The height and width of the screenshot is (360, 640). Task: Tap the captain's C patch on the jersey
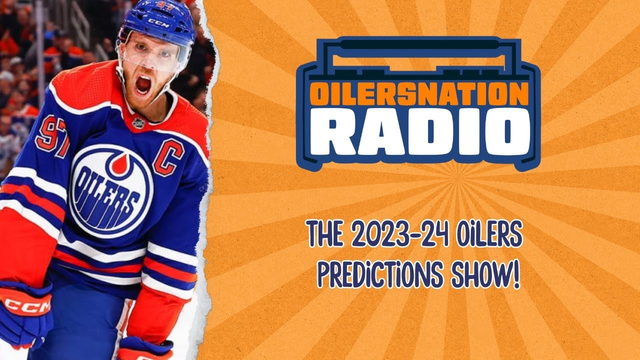click(168, 157)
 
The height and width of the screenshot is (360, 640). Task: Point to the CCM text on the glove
click(27, 305)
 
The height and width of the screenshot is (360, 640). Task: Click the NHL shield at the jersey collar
click(138, 121)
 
